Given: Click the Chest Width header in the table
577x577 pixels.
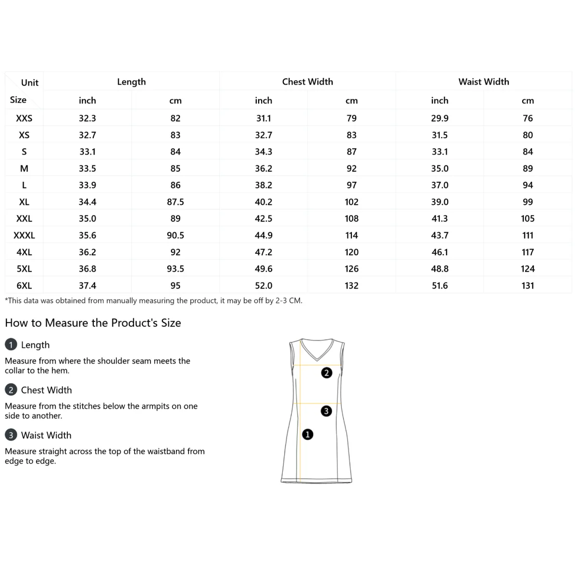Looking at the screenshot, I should (307, 82).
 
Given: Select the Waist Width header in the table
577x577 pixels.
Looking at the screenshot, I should (483, 82).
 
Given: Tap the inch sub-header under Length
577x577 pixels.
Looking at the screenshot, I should (88, 100).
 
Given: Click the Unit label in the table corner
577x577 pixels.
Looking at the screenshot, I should (30, 83).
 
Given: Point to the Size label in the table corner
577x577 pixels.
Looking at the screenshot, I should (18, 100).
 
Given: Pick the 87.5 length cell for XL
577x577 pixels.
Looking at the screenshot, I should (176, 202).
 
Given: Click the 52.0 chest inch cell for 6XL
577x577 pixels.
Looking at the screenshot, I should (263, 286).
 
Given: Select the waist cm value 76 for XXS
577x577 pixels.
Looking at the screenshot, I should (527, 118).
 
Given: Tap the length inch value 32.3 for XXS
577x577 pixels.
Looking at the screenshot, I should (88, 118).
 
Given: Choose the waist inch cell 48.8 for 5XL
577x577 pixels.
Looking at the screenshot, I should (439, 269).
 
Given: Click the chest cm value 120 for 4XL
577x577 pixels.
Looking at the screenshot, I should (351, 252).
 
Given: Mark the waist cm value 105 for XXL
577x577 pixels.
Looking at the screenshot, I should (527, 219).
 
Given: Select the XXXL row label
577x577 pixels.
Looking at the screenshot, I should (24, 236).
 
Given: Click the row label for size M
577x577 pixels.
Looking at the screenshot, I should (24, 169).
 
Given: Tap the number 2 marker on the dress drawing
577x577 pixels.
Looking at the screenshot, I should (326, 373).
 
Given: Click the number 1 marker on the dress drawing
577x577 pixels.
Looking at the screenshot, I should (307, 435).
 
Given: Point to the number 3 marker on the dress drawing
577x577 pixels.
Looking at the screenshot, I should (326, 411).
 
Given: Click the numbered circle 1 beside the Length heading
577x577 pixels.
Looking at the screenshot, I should (11, 345).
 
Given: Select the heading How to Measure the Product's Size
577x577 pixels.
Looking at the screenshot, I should (93, 323).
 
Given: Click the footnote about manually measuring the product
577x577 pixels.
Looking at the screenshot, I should (153, 301).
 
